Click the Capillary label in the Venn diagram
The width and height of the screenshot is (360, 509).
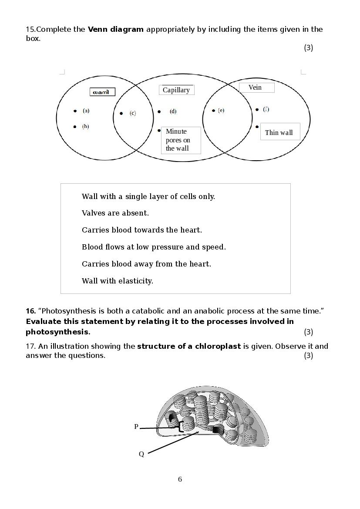(x=176, y=90)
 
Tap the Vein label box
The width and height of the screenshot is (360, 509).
(x=256, y=88)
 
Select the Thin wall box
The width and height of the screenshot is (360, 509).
(x=279, y=132)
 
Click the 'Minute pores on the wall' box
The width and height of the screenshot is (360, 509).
(x=180, y=140)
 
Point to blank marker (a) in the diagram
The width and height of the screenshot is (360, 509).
(x=86, y=111)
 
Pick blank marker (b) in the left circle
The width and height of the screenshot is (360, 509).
(x=85, y=126)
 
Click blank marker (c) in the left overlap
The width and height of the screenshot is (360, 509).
(x=132, y=113)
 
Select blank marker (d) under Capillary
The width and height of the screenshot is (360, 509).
(x=173, y=111)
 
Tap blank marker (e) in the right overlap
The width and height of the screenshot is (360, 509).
(x=221, y=111)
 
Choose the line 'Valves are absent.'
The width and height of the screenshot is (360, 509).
(x=115, y=213)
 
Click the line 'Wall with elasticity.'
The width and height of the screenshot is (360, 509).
(x=118, y=281)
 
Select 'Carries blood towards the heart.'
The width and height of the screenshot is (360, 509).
(x=142, y=230)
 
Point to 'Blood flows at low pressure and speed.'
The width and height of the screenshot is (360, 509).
(x=154, y=247)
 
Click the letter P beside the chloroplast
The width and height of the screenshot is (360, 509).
(x=136, y=427)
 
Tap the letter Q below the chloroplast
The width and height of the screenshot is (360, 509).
(x=141, y=454)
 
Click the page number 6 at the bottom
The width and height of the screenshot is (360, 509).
(x=180, y=479)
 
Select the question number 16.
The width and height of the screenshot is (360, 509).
(x=30, y=311)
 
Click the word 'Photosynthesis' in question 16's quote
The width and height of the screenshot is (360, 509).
(x=66, y=311)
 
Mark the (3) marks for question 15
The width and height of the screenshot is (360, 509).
(x=308, y=47)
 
